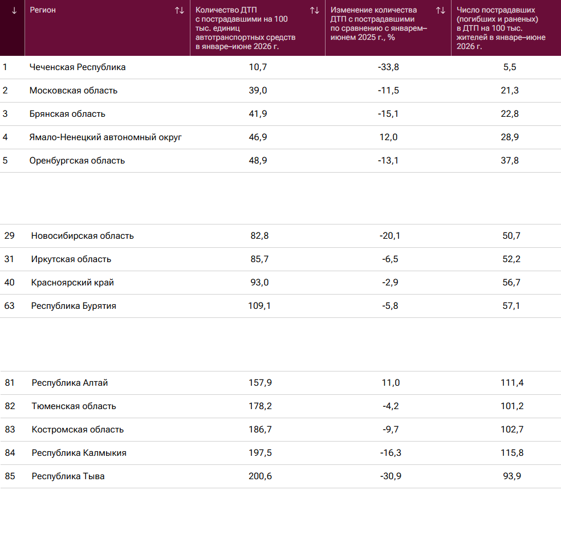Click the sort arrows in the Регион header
(180, 11)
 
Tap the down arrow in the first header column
(14, 11)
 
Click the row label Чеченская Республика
(78, 67)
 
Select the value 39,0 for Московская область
(258, 91)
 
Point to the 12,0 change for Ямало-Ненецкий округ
(389, 137)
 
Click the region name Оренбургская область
(77, 161)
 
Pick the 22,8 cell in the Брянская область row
(510, 114)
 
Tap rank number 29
(9, 235)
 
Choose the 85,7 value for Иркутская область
(259, 259)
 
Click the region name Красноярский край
(72, 283)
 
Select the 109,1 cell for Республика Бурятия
(259, 305)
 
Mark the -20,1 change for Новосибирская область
(390, 235)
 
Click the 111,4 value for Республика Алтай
(512, 383)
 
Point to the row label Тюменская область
(74, 406)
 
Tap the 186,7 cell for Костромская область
(260, 429)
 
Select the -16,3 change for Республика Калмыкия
(391, 453)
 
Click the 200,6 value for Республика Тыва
(260, 476)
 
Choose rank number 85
(10, 476)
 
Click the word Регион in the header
(43, 10)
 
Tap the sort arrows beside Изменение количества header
(441, 11)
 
